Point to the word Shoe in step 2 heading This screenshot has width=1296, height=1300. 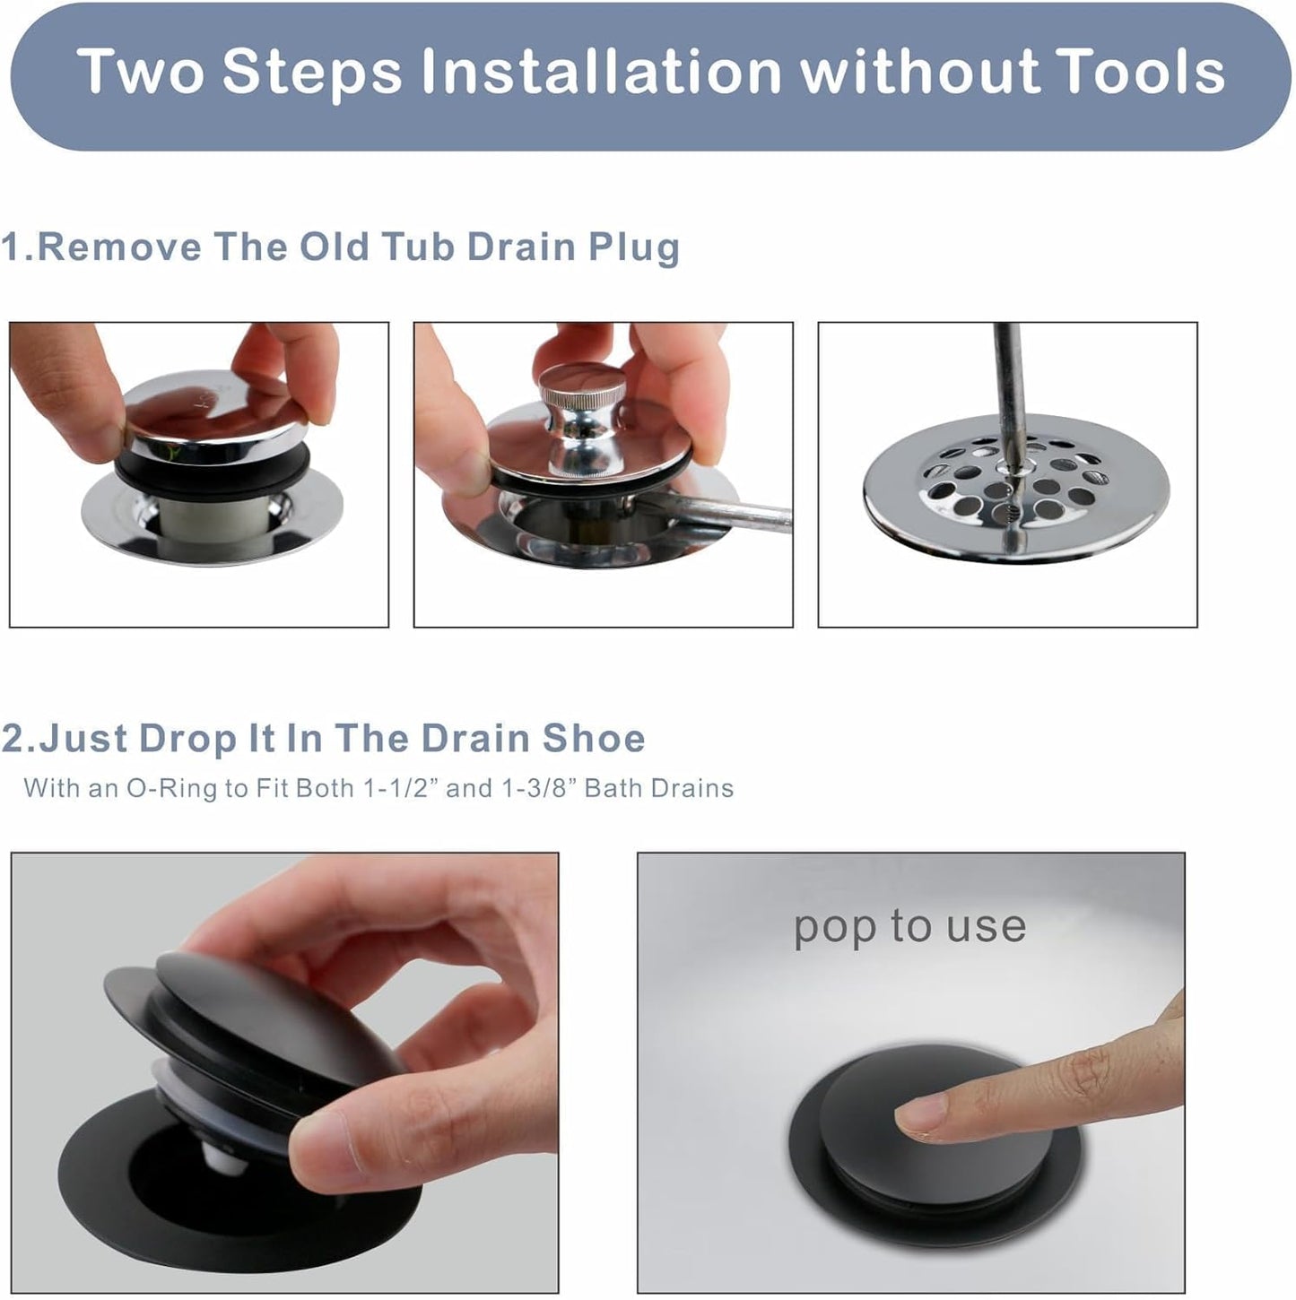pyautogui.click(x=593, y=739)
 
